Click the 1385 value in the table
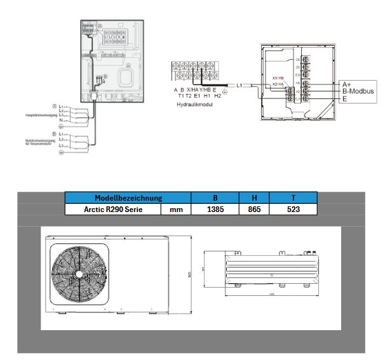(x=215, y=208)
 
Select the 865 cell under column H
(x=254, y=208)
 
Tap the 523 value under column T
(x=293, y=208)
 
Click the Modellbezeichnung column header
(x=128, y=197)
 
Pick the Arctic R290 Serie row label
(x=104, y=208)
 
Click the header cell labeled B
(x=215, y=197)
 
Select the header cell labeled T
(x=293, y=197)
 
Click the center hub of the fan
(x=79, y=274)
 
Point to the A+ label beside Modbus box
(x=347, y=84)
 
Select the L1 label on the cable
(x=240, y=84)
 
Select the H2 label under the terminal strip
(x=217, y=95)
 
